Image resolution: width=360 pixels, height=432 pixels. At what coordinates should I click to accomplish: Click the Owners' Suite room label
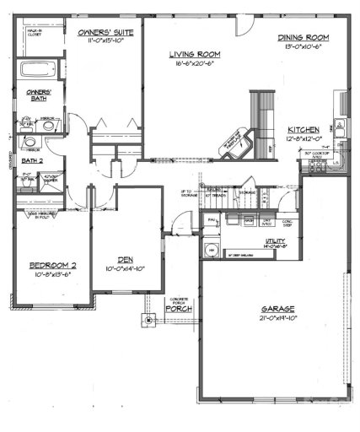[100, 32]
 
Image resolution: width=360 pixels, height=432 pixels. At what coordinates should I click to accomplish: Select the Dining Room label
[303, 38]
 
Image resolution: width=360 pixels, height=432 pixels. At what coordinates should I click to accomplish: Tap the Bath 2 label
[31, 159]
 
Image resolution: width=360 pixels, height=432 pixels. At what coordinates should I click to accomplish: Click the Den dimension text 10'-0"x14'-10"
[126, 269]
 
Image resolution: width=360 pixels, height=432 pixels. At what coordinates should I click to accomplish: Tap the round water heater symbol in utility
[212, 251]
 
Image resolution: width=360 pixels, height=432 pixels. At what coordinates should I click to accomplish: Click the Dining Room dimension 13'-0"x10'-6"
[303, 49]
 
